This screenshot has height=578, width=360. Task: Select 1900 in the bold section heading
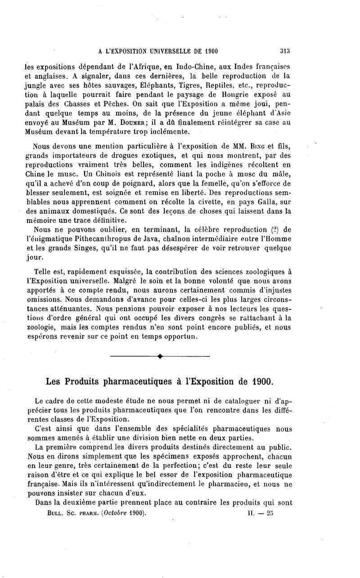pyautogui.click(x=259, y=382)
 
